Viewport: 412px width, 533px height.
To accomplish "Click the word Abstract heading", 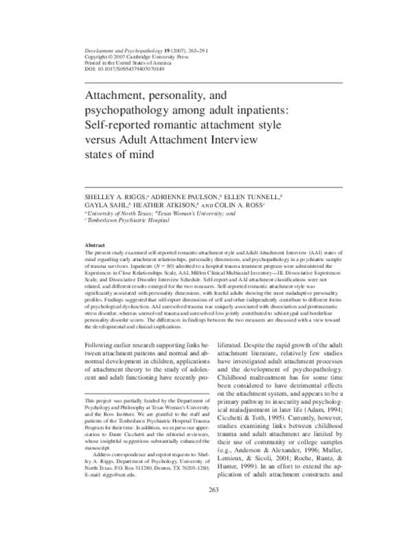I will pyautogui.click(x=93, y=245).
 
